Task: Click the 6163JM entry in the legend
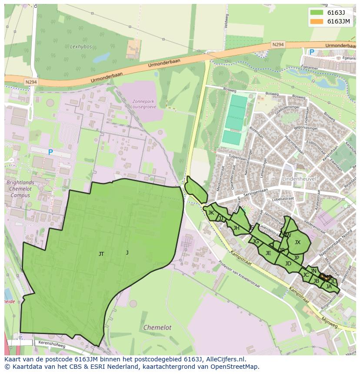pos(338,21)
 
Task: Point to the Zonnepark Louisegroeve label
pos(143,105)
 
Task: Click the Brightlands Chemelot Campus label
pos(20,189)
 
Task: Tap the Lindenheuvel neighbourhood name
pos(299,179)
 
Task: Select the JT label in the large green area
pos(101,254)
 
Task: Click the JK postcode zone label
pos(211,213)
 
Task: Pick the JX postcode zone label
pos(297,242)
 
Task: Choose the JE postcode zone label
pos(268,253)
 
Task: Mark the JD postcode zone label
pos(288,264)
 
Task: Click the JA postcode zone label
pos(329,286)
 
